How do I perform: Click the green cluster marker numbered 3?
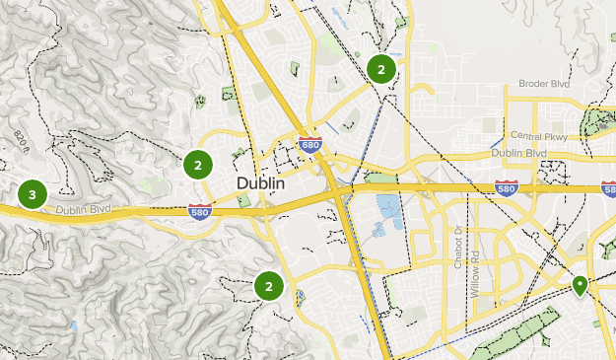coord(33,194)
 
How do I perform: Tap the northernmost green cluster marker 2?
coord(380,69)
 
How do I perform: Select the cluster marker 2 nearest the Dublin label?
coord(198,165)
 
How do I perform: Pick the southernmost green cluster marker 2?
coord(268,287)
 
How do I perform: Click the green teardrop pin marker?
coord(581,286)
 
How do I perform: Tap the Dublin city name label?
coord(261,184)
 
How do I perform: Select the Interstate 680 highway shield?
coord(309,146)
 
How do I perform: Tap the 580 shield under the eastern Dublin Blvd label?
coord(507,185)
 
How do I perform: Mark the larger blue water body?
coord(388,208)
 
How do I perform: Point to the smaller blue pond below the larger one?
coord(378,231)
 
